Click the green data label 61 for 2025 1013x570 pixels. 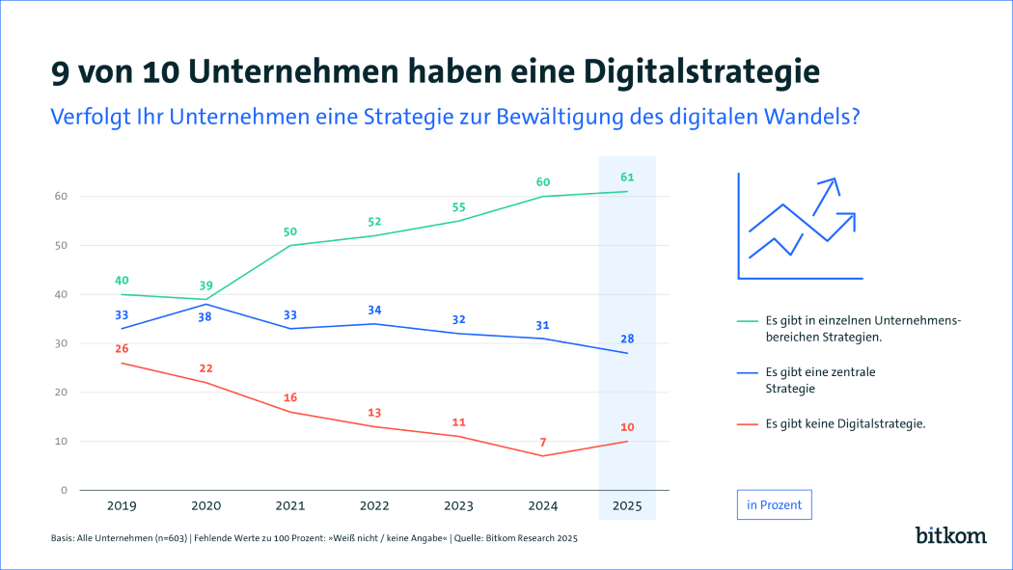627,177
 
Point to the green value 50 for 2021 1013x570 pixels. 289,231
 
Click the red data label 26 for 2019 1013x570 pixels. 122,348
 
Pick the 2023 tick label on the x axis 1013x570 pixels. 459,505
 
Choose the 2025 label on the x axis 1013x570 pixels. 627,505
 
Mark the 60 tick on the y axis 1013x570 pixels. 60,196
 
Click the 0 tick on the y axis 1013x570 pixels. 64,490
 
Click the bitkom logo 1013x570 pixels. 949,533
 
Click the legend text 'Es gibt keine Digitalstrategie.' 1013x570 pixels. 845,422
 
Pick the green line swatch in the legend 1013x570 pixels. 746,320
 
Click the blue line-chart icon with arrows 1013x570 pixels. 799,229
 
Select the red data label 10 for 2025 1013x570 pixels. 627,427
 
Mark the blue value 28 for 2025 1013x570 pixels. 627,339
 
